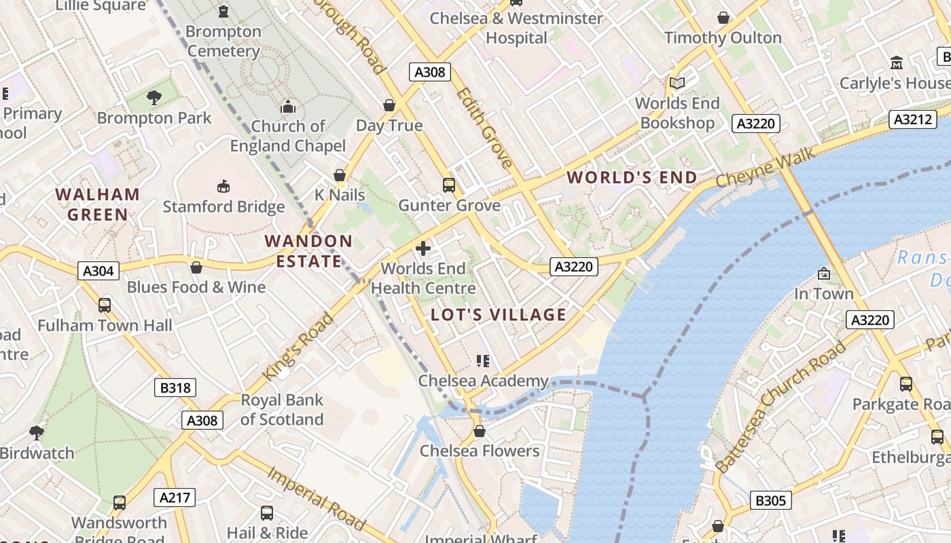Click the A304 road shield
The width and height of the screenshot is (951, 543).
click(98, 271)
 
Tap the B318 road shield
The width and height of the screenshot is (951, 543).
click(175, 388)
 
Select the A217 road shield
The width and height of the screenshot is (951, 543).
click(175, 498)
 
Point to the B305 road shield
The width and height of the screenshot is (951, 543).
click(771, 501)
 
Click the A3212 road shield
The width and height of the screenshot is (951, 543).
click(912, 119)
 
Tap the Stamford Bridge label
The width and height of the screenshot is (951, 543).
click(223, 206)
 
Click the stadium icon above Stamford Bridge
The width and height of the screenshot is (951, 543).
click(223, 186)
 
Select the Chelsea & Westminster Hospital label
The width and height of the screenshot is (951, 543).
click(516, 28)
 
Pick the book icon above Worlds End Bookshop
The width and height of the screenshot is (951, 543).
click(677, 83)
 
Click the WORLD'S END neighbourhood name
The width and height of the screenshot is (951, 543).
click(632, 178)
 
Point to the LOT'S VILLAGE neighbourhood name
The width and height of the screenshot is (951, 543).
click(499, 314)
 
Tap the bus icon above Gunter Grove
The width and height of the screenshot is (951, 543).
click(448, 185)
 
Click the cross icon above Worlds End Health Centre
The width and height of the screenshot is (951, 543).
click(423, 248)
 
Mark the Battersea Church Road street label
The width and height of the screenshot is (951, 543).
click(780, 407)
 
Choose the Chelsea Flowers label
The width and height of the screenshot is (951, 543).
click(480, 451)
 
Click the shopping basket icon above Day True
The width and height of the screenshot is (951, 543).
click(389, 105)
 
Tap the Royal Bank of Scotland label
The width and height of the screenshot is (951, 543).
click(282, 409)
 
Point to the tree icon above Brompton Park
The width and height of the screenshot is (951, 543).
click(154, 98)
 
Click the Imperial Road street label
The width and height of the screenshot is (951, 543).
click(317, 497)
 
